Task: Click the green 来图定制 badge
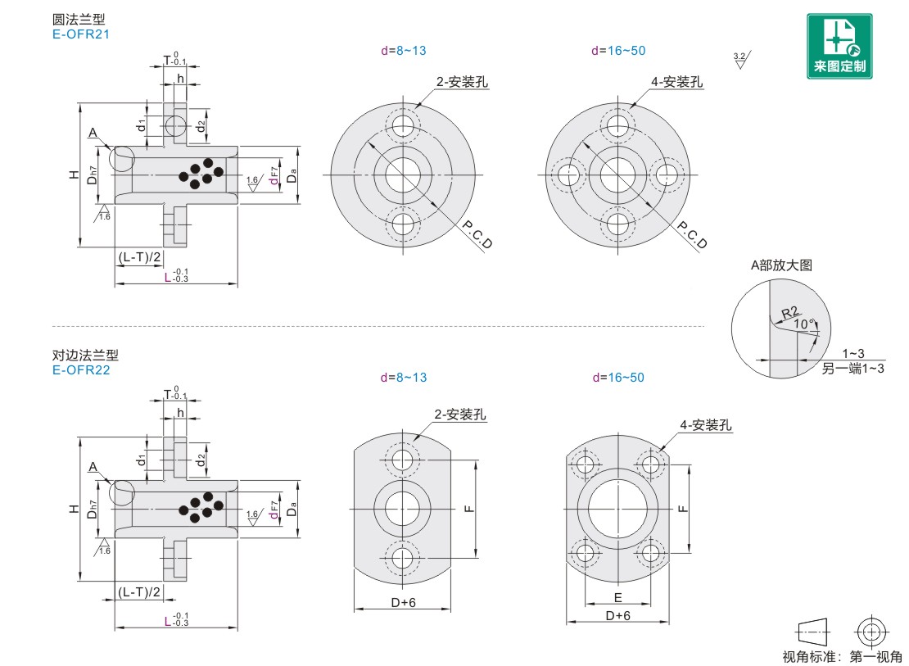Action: pyautogui.click(x=839, y=46)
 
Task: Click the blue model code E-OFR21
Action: pyautogui.click(x=80, y=34)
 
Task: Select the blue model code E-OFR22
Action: pyautogui.click(x=80, y=369)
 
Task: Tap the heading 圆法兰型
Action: pyautogui.click(x=78, y=20)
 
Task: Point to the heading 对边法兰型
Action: pyautogui.click(x=85, y=356)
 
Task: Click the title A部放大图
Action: pyautogui.click(x=781, y=265)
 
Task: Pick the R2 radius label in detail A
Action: pyautogui.click(x=789, y=312)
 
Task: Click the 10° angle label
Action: pyautogui.click(x=805, y=324)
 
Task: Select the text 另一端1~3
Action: pyautogui.click(x=853, y=369)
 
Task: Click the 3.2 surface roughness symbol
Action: pyautogui.click(x=740, y=59)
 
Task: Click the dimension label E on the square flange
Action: pyautogui.click(x=617, y=597)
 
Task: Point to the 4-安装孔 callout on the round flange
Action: pyautogui.click(x=676, y=82)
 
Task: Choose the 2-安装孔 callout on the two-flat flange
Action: pyautogui.click(x=459, y=415)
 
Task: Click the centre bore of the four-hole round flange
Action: pyautogui.click(x=617, y=174)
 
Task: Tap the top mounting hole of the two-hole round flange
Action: pyautogui.click(x=403, y=125)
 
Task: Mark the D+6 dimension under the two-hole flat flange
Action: pyautogui.click(x=402, y=602)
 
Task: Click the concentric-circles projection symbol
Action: pyautogui.click(x=870, y=632)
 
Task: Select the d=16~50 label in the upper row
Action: pyautogui.click(x=618, y=51)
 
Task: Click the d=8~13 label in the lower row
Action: pyautogui.click(x=403, y=378)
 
